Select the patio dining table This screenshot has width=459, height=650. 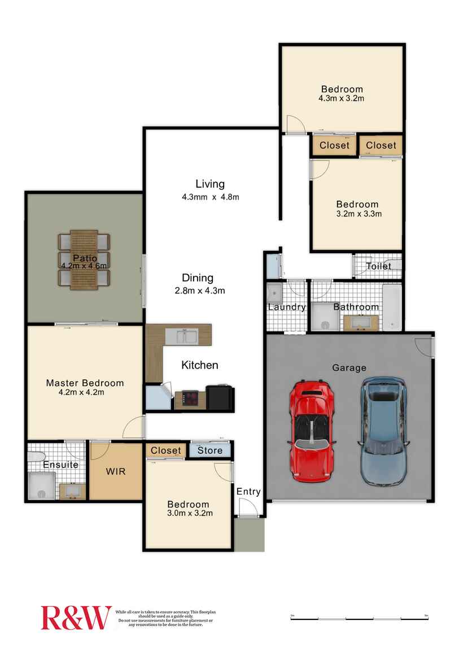[x=85, y=260]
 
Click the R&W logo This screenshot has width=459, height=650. [x=76, y=617]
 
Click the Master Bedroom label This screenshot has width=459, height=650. [x=85, y=383]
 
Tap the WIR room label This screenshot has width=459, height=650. [x=116, y=471]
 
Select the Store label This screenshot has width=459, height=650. [x=209, y=450]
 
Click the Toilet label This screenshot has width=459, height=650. [x=378, y=266]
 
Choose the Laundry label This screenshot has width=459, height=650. [x=287, y=307]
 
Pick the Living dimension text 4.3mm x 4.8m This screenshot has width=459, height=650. [x=210, y=197]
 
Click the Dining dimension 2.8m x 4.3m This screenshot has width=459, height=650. [x=199, y=291]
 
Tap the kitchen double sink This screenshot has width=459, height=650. [x=186, y=337]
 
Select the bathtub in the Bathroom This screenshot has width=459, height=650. [x=392, y=307]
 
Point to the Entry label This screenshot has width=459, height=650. [x=248, y=492]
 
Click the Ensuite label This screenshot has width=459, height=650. [x=60, y=465]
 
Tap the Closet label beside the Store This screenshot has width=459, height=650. [x=166, y=450]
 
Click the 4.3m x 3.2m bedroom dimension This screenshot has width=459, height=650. [x=342, y=98]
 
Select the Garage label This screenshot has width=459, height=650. [x=349, y=367]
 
